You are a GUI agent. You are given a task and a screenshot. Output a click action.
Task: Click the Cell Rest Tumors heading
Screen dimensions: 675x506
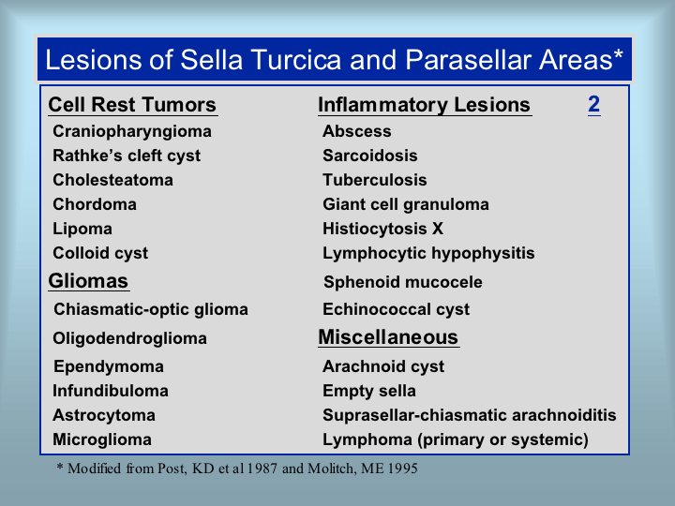[x=132, y=105]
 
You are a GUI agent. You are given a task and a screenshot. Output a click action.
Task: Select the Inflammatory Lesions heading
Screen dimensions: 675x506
[x=424, y=105]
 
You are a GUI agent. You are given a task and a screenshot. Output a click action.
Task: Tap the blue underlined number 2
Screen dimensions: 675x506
[x=594, y=104]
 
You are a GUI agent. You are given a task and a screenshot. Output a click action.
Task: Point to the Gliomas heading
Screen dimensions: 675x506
[x=88, y=281]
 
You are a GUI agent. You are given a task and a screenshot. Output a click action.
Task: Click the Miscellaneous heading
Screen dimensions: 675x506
[x=388, y=337]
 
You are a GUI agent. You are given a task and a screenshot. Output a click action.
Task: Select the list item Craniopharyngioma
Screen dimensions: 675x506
[x=132, y=132]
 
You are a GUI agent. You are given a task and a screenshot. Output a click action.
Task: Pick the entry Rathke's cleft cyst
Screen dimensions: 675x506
[x=127, y=156]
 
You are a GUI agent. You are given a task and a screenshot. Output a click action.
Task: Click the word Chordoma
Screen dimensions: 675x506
[x=95, y=204]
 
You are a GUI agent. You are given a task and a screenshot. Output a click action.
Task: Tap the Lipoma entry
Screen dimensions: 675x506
[x=82, y=229]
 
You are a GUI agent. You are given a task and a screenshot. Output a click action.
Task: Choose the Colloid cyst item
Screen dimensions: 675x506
[x=100, y=253]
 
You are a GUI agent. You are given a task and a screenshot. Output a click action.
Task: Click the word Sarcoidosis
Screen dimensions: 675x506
[x=370, y=156]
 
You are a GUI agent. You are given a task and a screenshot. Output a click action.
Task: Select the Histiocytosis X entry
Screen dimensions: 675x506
[x=383, y=229]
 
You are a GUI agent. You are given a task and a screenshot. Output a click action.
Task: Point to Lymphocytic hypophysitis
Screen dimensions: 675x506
[x=428, y=253]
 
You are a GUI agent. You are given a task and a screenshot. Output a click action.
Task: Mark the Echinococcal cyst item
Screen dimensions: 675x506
[x=396, y=309]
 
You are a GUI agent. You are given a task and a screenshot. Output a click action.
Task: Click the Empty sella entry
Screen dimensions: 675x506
[x=369, y=391]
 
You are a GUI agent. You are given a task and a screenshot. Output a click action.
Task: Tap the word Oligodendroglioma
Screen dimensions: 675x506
[x=130, y=338]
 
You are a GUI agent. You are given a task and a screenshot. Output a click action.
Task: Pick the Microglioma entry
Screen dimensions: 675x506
[x=102, y=439]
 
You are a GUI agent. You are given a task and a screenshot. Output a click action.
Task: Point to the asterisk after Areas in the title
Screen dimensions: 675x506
[x=618, y=53]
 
